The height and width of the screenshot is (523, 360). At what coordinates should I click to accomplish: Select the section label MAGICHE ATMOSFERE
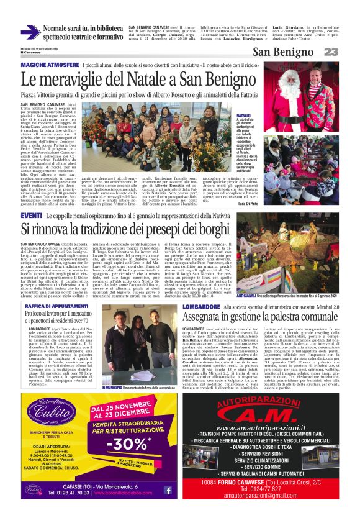click(x=50, y=65)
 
